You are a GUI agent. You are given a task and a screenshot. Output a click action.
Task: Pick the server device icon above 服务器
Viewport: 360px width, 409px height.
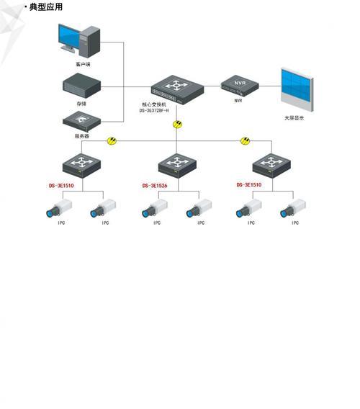tap(81, 120)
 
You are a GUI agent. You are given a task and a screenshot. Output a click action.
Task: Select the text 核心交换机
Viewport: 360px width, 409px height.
tap(154, 104)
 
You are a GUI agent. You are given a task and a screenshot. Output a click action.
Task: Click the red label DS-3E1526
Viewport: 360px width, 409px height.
tap(154, 186)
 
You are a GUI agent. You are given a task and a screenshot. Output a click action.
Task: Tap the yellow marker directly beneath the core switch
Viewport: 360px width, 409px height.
tap(178, 125)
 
